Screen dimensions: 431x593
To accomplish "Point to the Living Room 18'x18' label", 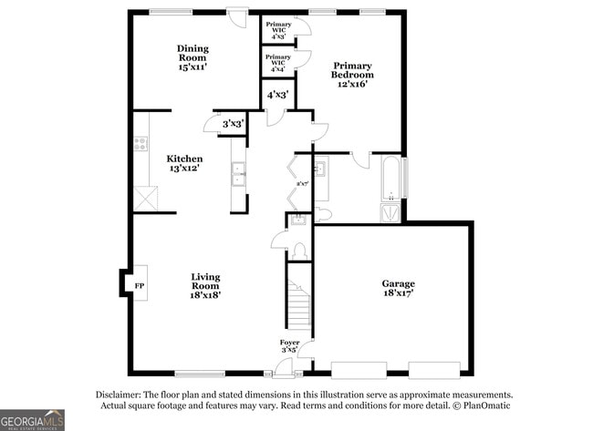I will coord(205,285).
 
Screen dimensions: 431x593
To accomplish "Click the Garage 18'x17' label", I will coord(398,289).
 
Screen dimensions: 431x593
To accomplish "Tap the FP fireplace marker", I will coord(140,284).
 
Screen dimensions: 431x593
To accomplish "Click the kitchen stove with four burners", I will coord(141,143).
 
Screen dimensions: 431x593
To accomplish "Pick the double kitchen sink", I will coord(237,173).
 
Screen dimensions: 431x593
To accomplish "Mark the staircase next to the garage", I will coord(297,306).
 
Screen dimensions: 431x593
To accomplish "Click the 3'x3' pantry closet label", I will coord(233,123).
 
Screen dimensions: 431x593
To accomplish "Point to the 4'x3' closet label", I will coord(277,94).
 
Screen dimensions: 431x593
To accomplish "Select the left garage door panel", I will coord(357,369).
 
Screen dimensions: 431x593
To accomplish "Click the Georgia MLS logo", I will coord(33,419).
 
